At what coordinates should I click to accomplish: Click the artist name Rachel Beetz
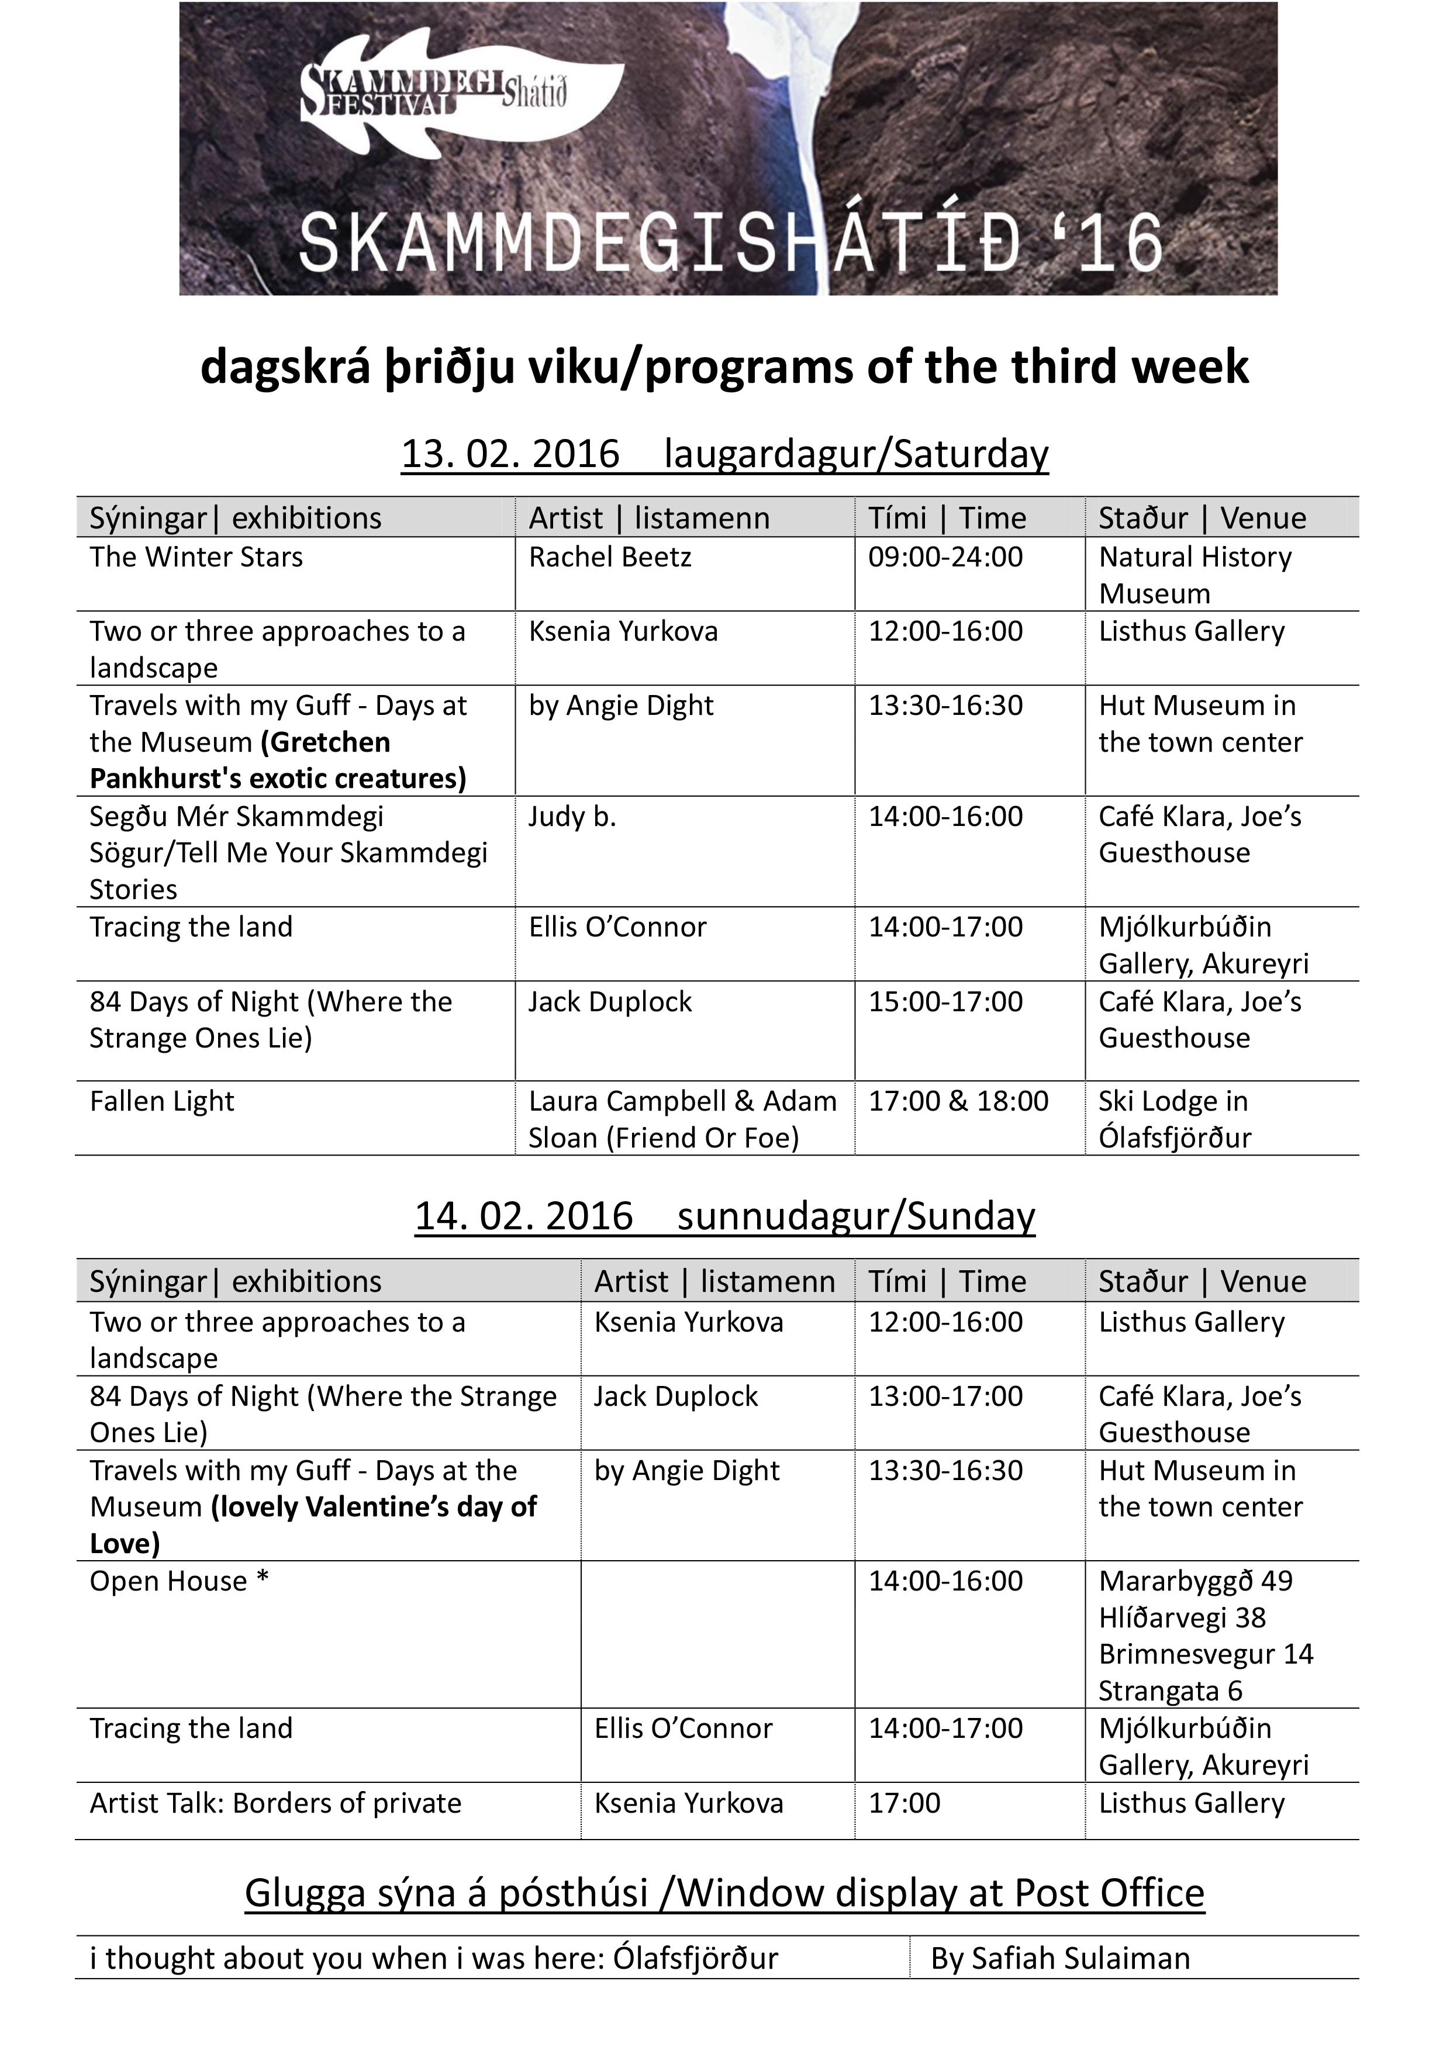[x=610, y=557]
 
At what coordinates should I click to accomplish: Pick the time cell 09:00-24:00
[x=945, y=557]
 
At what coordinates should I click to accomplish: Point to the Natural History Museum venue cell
[x=1194, y=575]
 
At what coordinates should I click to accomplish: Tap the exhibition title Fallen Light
[x=161, y=1101]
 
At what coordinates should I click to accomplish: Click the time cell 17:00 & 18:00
[x=958, y=1101]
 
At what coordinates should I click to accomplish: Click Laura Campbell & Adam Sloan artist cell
[x=682, y=1119]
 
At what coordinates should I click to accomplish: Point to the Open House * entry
[x=178, y=1581]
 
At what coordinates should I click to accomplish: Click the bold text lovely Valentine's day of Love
[x=312, y=1525]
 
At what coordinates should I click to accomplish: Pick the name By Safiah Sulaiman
[x=1060, y=1958]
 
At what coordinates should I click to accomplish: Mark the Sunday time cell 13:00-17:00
[x=945, y=1396]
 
